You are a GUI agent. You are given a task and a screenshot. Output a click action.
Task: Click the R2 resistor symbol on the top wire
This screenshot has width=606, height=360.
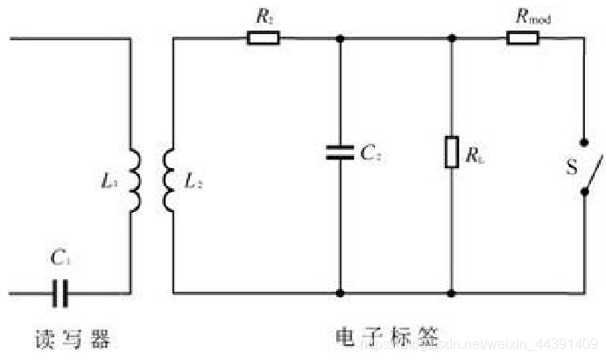[263, 38]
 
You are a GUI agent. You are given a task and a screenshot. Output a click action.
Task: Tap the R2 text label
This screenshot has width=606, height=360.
[263, 14]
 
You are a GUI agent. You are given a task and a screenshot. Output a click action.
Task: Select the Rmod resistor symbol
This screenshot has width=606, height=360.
[523, 38]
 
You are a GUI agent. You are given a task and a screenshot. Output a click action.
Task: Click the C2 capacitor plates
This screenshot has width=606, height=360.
[339, 152]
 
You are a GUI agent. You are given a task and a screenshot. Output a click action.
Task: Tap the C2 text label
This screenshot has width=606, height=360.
[370, 152]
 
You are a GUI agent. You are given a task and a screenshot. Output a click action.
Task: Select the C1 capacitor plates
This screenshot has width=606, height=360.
[60, 293]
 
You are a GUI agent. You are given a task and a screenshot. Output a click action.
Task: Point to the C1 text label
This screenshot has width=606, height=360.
[60, 258]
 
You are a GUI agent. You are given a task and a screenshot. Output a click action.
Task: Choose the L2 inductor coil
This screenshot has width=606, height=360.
[166, 180]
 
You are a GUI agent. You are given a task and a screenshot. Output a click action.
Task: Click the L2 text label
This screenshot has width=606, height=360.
[194, 182]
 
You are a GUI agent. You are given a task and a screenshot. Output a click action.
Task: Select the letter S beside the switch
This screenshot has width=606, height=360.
[571, 166]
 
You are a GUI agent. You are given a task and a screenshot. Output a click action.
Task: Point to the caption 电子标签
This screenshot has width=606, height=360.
[385, 339]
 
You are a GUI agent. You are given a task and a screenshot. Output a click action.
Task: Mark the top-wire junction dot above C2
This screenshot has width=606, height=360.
[339, 38]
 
